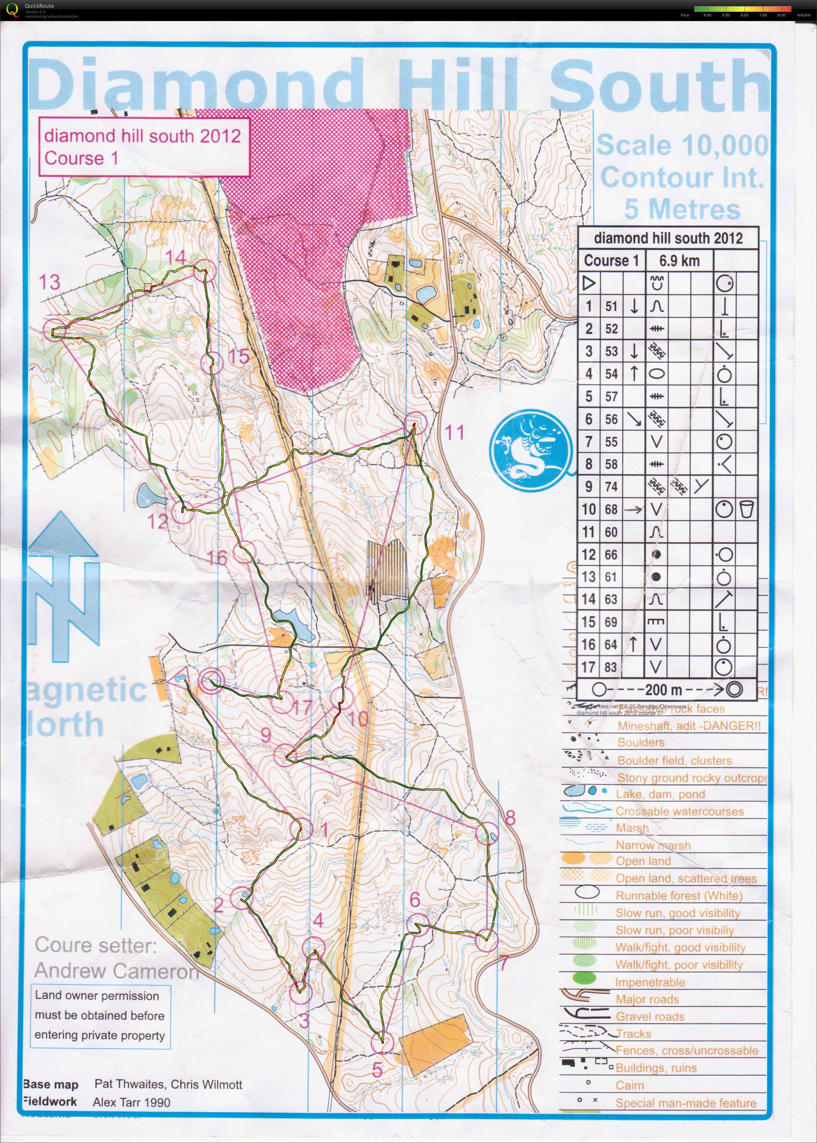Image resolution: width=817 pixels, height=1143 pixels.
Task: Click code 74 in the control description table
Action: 611,486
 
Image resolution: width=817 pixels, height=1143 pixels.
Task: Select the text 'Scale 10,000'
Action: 682,146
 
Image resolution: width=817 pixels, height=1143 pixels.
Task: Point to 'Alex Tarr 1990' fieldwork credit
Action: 131,1102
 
